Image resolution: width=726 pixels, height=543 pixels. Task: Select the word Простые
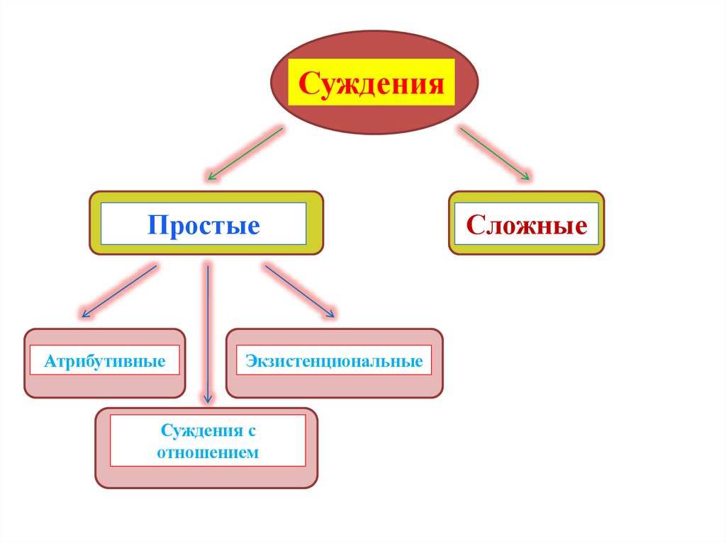(x=203, y=226)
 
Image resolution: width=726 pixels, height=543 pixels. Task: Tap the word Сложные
(x=526, y=226)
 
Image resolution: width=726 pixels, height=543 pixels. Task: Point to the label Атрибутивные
(x=105, y=362)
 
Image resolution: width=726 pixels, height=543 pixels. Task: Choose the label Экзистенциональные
(x=334, y=362)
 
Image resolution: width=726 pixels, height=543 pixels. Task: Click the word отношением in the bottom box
(x=208, y=452)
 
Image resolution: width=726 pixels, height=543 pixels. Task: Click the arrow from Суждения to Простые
(x=244, y=152)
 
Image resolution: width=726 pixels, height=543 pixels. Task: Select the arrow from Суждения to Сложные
(x=494, y=152)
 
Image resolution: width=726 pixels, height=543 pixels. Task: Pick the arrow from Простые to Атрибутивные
(x=119, y=290)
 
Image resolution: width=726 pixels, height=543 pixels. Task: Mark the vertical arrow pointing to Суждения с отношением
(x=208, y=333)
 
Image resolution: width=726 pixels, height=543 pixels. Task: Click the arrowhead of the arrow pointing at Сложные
(x=525, y=176)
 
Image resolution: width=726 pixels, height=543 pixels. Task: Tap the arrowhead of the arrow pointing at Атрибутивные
(x=85, y=312)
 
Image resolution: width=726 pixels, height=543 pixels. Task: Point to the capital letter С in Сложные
(x=473, y=226)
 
